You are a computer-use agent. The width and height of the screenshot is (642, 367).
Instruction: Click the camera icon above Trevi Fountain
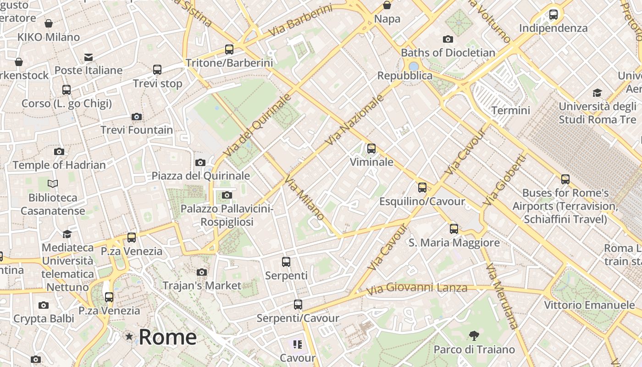pos(136,117)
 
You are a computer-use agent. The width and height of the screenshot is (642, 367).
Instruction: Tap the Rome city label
pos(167,337)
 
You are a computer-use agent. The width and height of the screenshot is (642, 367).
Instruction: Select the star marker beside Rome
pos(129,337)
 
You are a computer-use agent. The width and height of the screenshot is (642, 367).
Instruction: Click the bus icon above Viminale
pos(371,149)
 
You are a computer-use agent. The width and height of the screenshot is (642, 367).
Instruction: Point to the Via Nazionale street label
pos(354,121)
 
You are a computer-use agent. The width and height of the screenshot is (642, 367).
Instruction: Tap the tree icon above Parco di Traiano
pos(474,336)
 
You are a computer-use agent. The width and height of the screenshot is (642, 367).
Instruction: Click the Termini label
pos(510,111)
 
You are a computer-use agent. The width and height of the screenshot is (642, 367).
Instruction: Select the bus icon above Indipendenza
pos(553,15)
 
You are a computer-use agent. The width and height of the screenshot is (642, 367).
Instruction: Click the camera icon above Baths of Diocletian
pos(448,39)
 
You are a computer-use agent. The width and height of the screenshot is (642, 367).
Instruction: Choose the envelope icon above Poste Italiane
pos(88,57)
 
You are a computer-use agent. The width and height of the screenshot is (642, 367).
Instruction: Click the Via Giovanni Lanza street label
pos(416,289)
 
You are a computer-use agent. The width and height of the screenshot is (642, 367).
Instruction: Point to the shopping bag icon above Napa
pos(387,6)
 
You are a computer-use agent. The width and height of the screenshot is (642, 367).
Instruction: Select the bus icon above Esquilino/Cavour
pos(422,188)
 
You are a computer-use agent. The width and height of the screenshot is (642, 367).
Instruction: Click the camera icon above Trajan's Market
pos(201,272)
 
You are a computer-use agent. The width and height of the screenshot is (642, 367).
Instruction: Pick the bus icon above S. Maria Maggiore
pos(454,228)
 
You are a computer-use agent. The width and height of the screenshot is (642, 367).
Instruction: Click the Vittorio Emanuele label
pos(589,305)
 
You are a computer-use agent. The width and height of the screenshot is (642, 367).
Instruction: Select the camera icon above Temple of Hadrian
pos(59,151)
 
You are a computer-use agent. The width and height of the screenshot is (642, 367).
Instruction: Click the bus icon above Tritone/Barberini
pos(229,50)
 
